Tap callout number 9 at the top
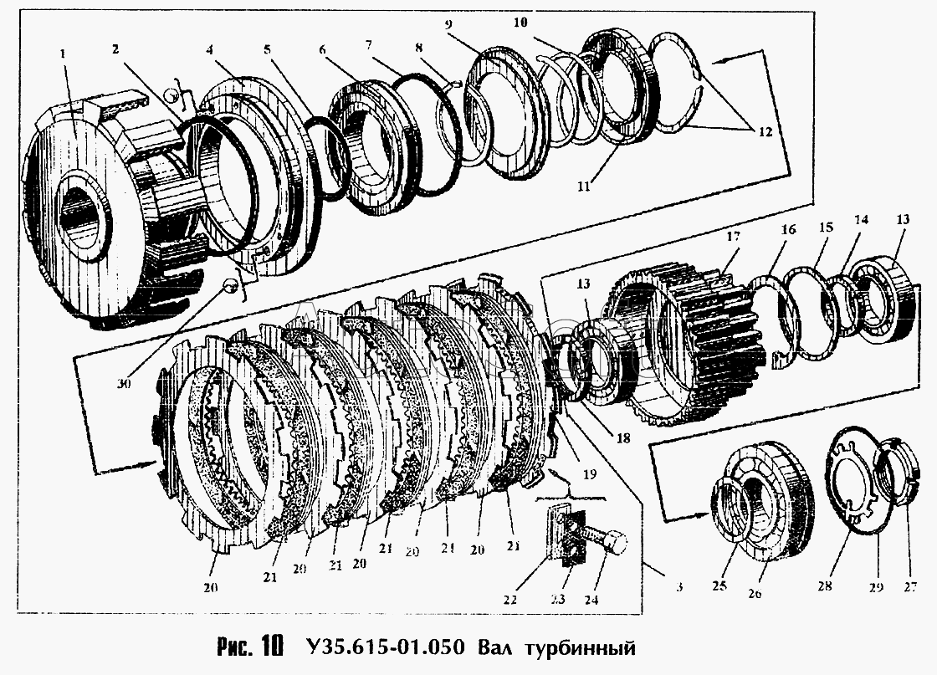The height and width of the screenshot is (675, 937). [x=449, y=25]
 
